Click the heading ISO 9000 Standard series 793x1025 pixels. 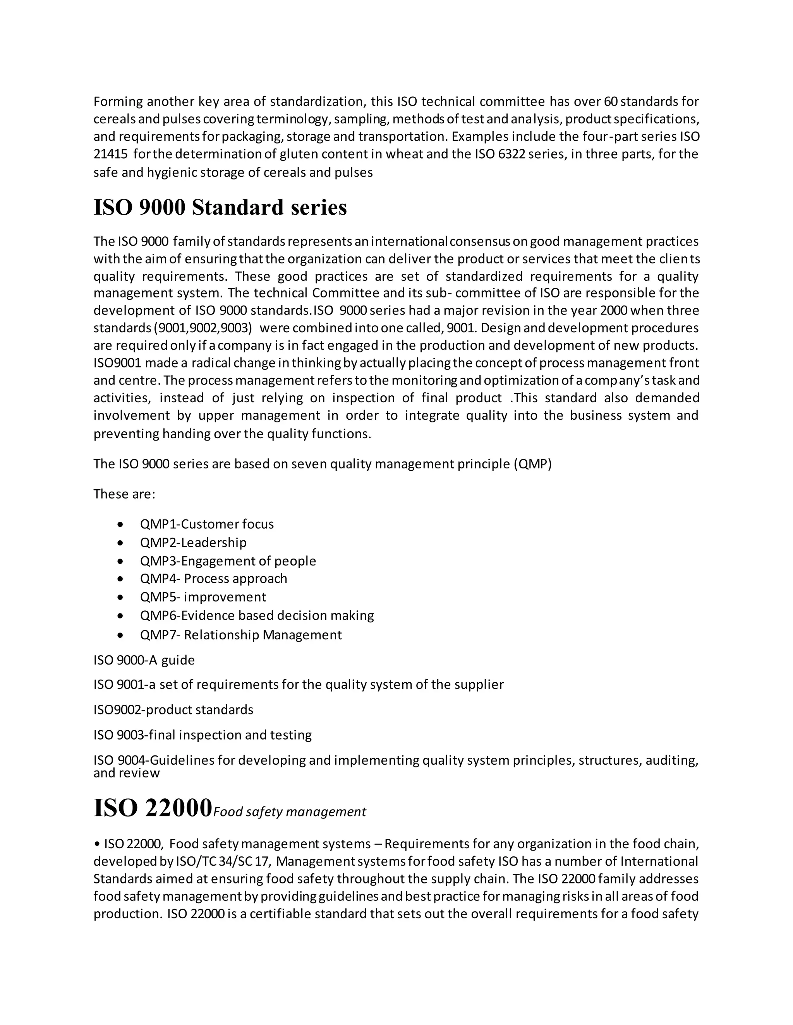(x=220, y=207)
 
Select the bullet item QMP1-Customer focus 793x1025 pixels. (x=207, y=524)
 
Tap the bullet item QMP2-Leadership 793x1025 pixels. (x=193, y=543)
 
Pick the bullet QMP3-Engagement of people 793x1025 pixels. (x=228, y=561)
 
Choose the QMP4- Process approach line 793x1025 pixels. (x=213, y=579)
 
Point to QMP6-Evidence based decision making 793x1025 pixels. (x=256, y=615)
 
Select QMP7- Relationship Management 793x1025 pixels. (x=240, y=635)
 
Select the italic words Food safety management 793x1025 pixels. (x=289, y=812)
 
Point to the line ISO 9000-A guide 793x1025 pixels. (x=144, y=660)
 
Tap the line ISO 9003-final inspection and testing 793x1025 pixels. (x=203, y=735)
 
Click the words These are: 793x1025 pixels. (x=124, y=494)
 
